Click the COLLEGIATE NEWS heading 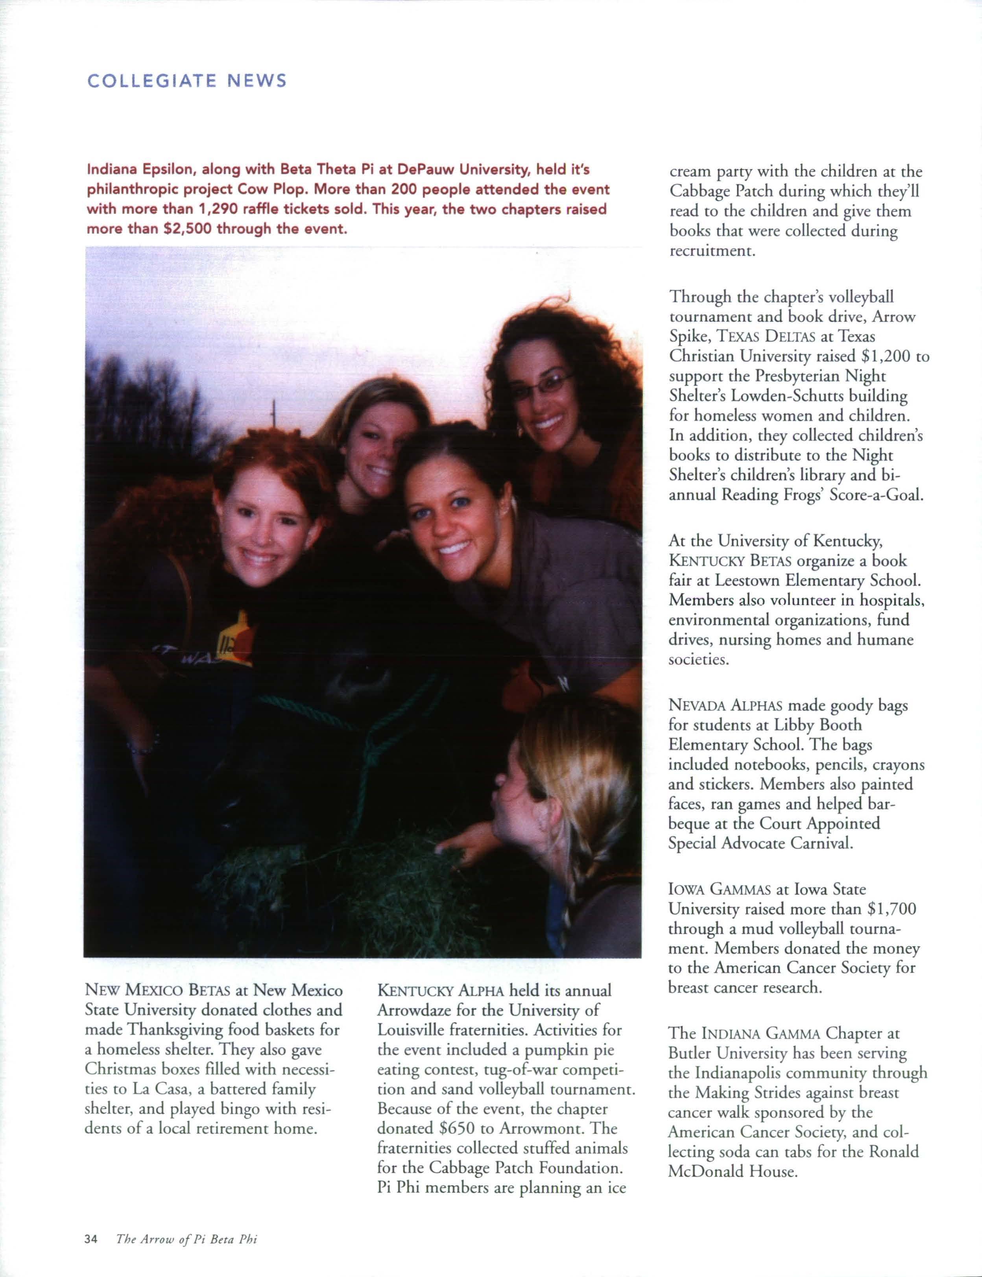pyautogui.click(x=187, y=81)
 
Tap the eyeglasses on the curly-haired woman pyautogui.click(x=544, y=386)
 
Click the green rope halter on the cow pyautogui.click(x=374, y=736)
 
